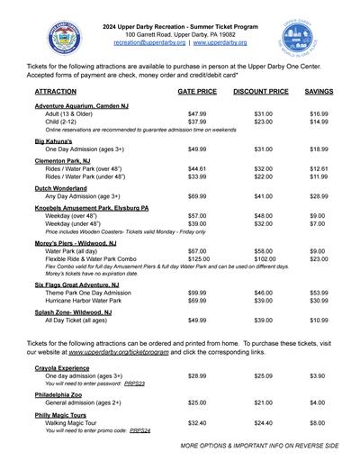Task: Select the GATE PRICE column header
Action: [197, 92]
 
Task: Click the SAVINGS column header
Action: [319, 92]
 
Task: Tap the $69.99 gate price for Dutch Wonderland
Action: [197, 195]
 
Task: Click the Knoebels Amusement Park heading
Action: [92, 208]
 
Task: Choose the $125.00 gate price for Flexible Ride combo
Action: [199, 259]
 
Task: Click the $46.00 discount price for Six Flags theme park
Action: [264, 293]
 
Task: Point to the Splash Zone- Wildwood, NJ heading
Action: [73, 312]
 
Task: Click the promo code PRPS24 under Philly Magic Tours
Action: [140, 430]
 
